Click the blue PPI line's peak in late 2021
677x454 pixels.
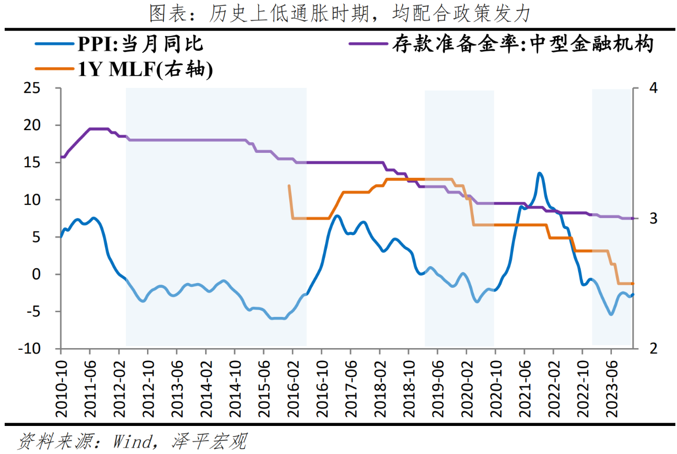[x=539, y=173]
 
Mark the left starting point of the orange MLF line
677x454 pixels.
[x=289, y=186]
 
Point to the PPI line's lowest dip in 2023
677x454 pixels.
[x=611, y=314]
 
